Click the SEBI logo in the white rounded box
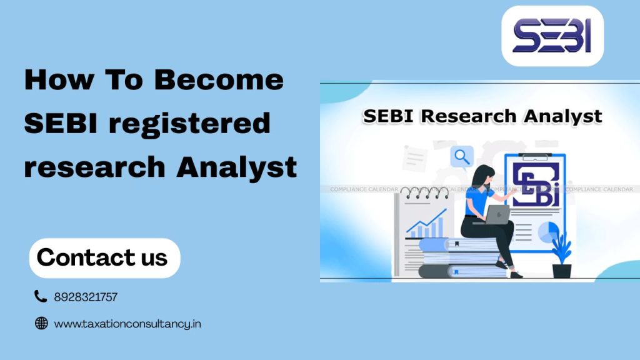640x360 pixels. coord(552,36)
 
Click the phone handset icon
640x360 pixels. coord(41,296)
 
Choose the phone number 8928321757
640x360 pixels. coord(86,297)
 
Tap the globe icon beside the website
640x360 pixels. coord(41,323)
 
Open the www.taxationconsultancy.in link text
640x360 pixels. coord(127,324)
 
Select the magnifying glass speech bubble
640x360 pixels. coord(462,157)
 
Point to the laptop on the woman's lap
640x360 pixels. coord(497,214)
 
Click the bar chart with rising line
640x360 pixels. coord(426,224)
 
